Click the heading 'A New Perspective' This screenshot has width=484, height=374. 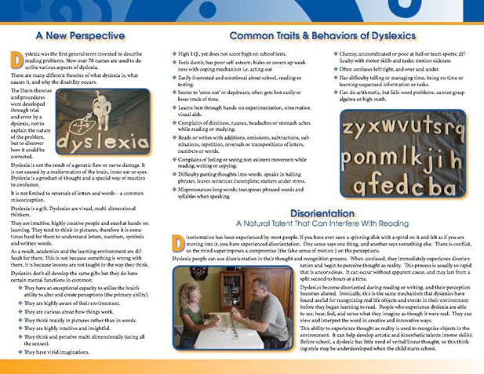(81, 35)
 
